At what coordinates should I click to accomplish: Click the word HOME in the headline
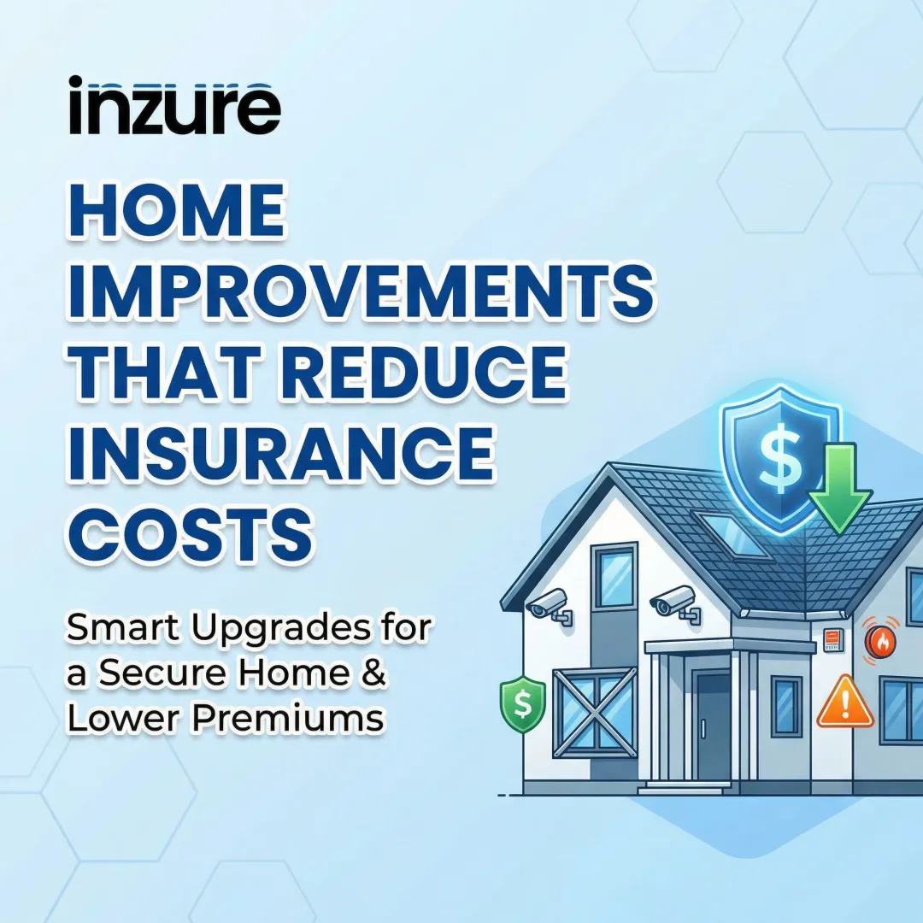click(175, 214)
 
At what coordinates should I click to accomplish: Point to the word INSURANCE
click(281, 452)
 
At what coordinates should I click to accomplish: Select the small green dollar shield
click(522, 704)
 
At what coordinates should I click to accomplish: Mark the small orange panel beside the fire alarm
click(832, 638)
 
